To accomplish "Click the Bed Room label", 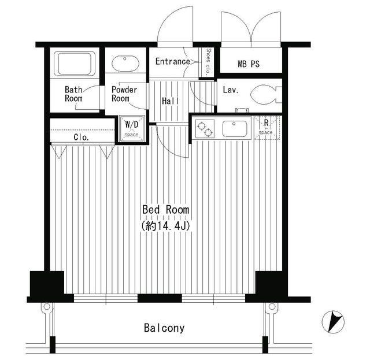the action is tap(166, 210).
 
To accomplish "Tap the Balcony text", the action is tap(164, 328).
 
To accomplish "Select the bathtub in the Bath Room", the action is tap(75, 63).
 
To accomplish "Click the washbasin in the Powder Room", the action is tap(125, 64).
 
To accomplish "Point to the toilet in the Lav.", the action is tap(266, 95).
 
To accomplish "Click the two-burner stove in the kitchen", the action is tap(205, 129).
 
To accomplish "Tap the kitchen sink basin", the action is tap(235, 129).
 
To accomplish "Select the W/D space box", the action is tap(132, 128).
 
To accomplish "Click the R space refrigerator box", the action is tap(267, 128).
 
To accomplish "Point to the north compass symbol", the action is tap(333, 322).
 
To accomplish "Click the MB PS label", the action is tap(249, 64).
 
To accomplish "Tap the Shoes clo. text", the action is tap(208, 62).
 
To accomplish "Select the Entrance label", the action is tap(173, 62).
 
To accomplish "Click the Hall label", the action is tap(170, 101).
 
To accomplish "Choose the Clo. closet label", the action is tap(81, 137).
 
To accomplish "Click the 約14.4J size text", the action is tap(166, 226).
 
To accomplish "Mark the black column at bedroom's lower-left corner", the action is tap(47, 283).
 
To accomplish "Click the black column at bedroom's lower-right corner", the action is tap(271, 283).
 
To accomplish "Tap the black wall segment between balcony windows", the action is tap(160, 298).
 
